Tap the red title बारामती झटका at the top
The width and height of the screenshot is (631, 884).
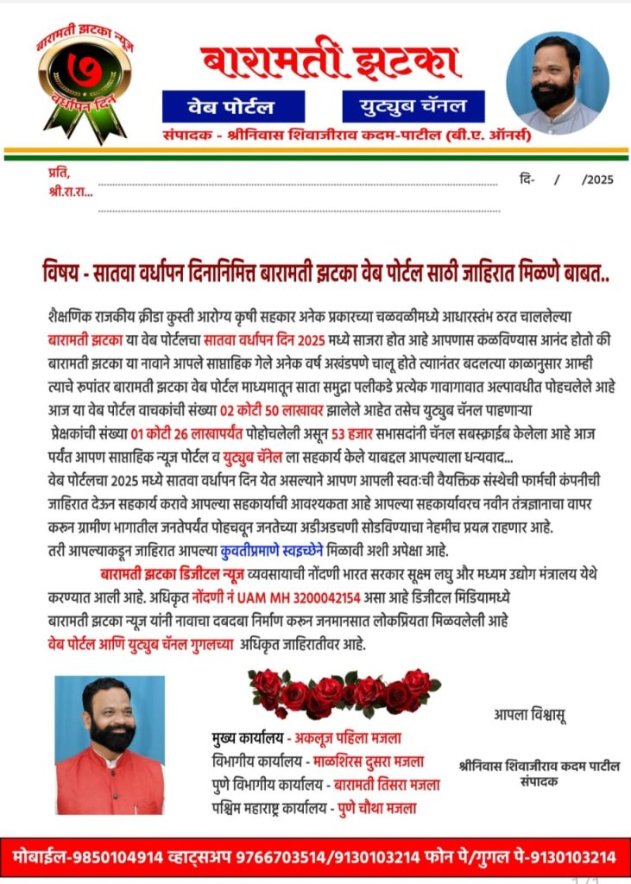[x=330, y=62]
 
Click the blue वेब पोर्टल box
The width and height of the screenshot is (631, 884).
[x=232, y=106]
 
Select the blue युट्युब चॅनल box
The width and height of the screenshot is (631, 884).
[x=413, y=106]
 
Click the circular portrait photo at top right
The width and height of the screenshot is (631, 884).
[x=557, y=83]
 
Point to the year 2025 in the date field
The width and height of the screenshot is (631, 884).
[x=597, y=180]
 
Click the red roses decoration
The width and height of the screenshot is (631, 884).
[x=344, y=692]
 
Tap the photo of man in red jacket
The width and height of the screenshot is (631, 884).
[x=109, y=745]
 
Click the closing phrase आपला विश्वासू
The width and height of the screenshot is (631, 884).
[x=530, y=714]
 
